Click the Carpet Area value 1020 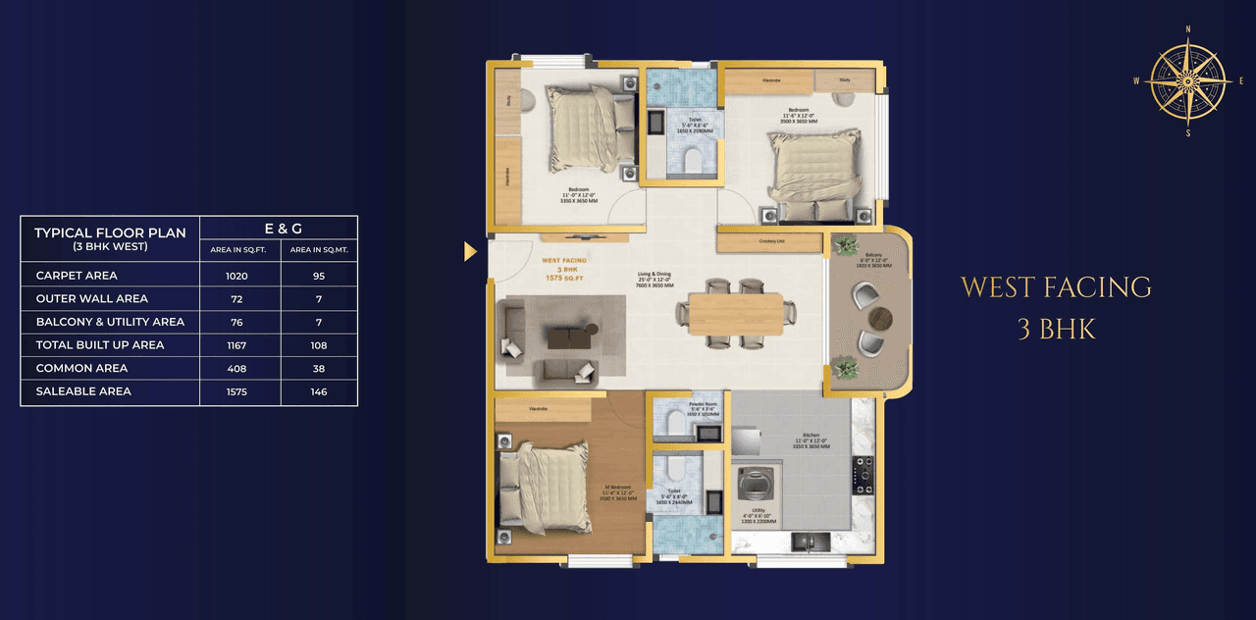236,276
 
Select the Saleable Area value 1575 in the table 236,391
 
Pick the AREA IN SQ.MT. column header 319,250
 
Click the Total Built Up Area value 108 319,345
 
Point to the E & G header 279,229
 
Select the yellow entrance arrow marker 470,252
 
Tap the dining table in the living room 735,314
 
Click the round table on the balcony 881,317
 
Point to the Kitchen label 811,435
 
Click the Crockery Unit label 769,241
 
